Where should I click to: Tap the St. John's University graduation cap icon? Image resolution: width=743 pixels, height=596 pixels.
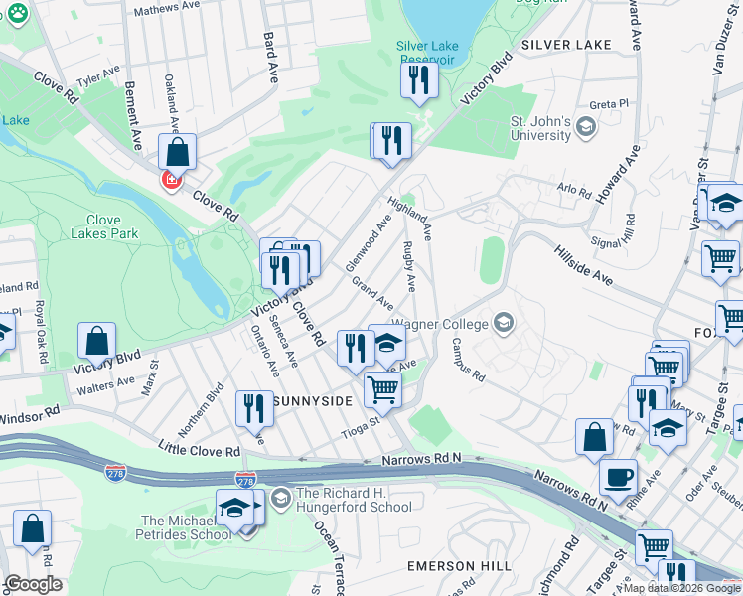pyautogui.click(x=585, y=126)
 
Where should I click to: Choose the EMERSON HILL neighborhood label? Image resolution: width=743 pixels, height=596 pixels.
pyautogui.click(x=459, y=566)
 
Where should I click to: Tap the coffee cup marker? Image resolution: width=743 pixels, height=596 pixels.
pyautogui.click(x=618, y=476)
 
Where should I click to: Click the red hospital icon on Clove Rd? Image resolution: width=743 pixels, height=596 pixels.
pyautogui.click(x=171, y=181)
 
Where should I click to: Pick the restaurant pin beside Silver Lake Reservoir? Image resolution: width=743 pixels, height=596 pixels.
pyautogui.click(x=420, y=79)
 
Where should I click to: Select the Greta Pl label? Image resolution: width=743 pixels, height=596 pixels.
pyautogui.click(x=609, y=104)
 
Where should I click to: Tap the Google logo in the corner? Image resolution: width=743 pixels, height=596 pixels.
pyautogui.click(x=33, y=584)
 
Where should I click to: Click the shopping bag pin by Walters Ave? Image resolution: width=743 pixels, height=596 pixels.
pyautogui.click(x=97, y=342)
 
